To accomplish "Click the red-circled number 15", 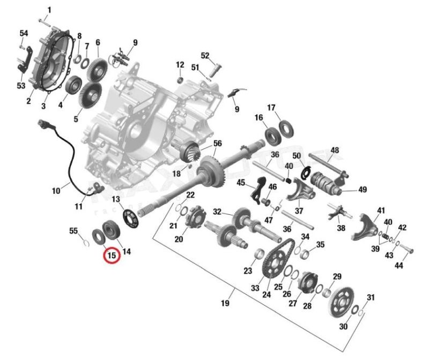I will (x=112, y=256).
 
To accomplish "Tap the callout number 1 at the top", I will (x=50, y=10).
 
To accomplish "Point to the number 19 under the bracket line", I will (x=225, y=304).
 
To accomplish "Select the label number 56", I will (x=217, y=143).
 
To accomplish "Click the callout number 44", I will (x=399, y=265).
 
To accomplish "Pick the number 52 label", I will (x=205, y=55).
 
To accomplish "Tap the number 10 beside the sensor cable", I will (x=56, y=190).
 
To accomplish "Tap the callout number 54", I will (x=24, y=33).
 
